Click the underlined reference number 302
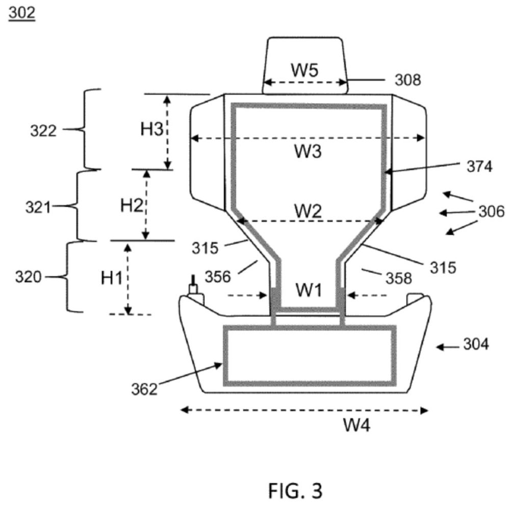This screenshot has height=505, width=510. click(22, 13)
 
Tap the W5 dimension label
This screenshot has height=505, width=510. click(305, 70)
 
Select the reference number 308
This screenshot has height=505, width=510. click(408, 80)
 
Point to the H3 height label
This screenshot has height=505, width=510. click(151, 129)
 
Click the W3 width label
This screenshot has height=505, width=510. click(308, 151)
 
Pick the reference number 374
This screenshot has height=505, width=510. click(480, 167)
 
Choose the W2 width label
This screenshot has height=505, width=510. click(308, 211)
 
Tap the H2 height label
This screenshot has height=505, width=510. click(132, 205)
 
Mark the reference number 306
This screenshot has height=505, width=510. click(492, 211)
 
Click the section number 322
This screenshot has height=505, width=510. click(43, 131)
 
